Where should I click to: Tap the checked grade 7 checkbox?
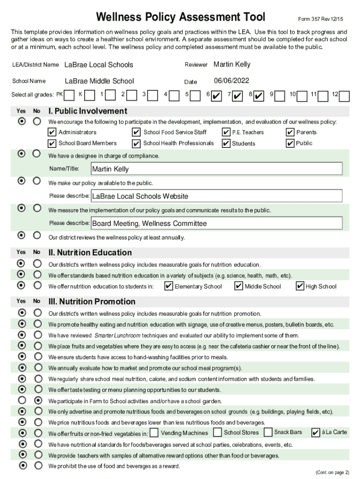[x=237, y=96]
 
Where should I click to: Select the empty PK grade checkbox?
[x=69, y=95]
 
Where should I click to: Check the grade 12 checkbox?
[x=344, y=96]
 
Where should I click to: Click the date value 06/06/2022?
[x=231, y=80]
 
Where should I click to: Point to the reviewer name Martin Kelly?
[x=232, y=64]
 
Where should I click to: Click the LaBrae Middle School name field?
[x=99, y=81]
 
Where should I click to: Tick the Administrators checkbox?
[x=52, y=132]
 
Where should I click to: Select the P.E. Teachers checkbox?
[x=226, y=132]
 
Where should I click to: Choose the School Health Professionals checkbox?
[x=137, y=143]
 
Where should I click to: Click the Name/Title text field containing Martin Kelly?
[x=216, y=169]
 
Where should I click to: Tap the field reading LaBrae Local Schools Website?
[x=216, y=196]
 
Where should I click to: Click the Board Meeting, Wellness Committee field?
[x=216, y=223]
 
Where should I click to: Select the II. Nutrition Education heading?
[x=90, y=253]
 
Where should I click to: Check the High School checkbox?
[x=300, y=286]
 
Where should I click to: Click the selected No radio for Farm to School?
[x=38, y=401]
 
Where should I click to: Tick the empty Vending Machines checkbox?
[x=154, y=433]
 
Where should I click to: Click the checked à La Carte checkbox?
[x=316, y=433]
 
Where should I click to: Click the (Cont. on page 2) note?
[x=332, y=472]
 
